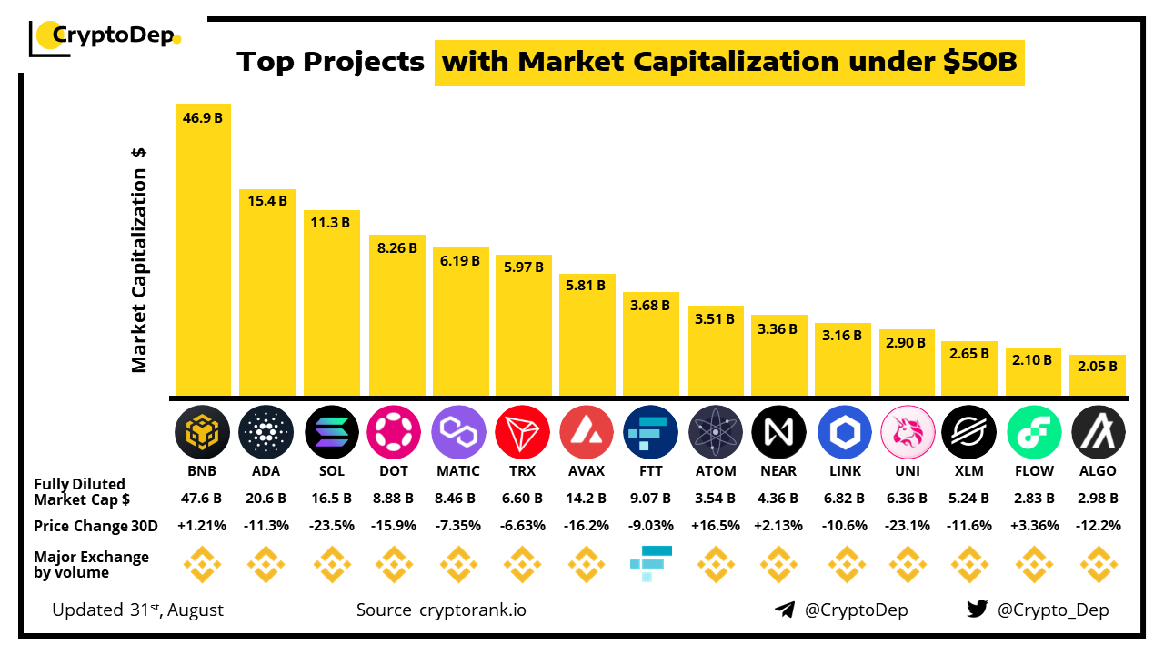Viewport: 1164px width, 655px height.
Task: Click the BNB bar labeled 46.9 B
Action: [x=203, y=250]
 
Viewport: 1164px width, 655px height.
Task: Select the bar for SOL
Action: [x=331, y=304]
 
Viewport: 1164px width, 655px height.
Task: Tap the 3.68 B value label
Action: [x=651, y=306]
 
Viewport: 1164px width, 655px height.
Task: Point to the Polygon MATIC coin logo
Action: [x=459, y=431]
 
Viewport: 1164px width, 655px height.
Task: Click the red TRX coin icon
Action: [x=523, y=431]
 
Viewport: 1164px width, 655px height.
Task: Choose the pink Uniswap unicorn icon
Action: [x=908, y=431]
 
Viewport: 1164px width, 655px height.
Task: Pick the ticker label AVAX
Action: [x=587, y=471]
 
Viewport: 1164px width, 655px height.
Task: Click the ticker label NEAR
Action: [x=778, y=471]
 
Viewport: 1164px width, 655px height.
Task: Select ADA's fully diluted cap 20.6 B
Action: [x=266, y=499]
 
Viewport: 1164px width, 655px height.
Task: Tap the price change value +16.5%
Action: [x=714, y=526]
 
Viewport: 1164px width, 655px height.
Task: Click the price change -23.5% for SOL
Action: [x=330, y=526]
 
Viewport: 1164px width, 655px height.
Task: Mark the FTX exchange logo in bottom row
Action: [x=650, y=563]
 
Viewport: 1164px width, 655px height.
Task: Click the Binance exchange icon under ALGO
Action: [x=1099, y=565]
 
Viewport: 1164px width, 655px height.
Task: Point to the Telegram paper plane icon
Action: [x=785, y=610]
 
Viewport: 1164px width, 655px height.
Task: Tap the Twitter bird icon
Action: [x=978, y=610]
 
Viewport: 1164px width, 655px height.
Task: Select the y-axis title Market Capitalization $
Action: [x=139, y=259]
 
